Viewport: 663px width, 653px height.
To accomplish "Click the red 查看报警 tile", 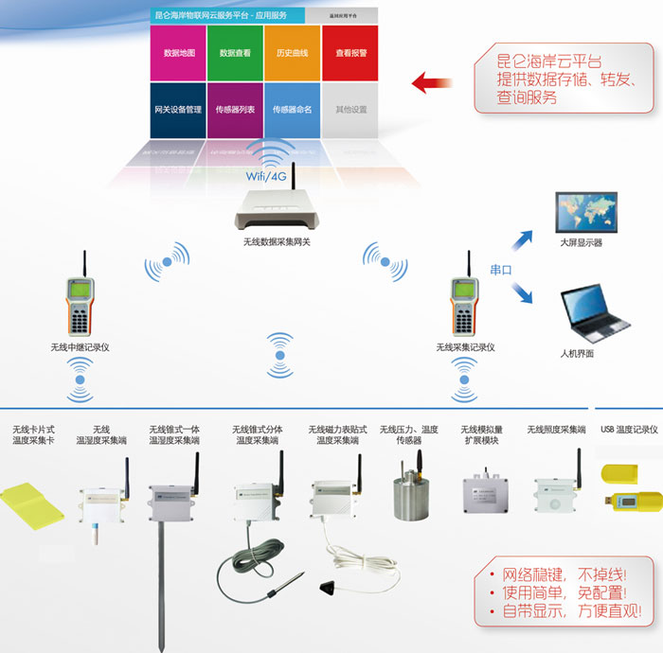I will tap(349, 53).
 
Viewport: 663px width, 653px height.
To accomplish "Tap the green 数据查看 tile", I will tap(235, 53).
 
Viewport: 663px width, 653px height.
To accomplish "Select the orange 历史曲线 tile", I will tap(292, 53).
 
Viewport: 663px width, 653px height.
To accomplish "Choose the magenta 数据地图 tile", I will tap(178, 53).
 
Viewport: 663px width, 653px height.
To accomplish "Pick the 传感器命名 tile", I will tap(292, 110).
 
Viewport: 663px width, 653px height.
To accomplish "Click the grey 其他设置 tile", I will tap(349, 110).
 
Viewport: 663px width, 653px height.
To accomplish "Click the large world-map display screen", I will tap(587, 211).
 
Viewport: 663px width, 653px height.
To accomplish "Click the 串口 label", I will tap(500, 270).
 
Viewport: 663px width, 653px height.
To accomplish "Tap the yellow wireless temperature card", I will tap(35, 502).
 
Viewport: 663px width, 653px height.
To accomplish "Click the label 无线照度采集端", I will tap(557, 430).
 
